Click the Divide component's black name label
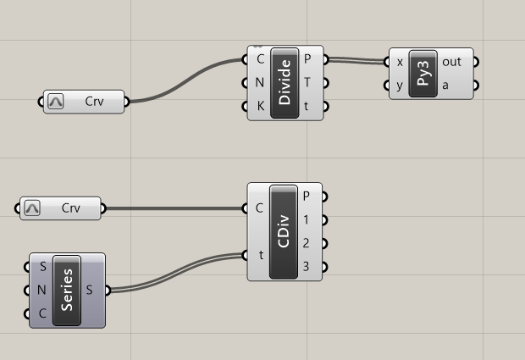(285, 83)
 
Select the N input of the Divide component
(259, 83)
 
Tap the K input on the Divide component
(259, 107)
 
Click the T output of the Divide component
(307, 83)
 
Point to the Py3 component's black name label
(421, 74)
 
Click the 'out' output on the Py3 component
(451, 62)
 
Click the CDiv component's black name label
(284, 231)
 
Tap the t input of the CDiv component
(257, 255)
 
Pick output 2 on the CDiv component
(306, 243)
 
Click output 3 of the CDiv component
(306, 268)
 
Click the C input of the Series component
(42, 314)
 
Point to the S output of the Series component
(90, 291)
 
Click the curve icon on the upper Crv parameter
(57, 102)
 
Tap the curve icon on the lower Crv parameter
(33, 208)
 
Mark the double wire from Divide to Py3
(356, 61)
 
